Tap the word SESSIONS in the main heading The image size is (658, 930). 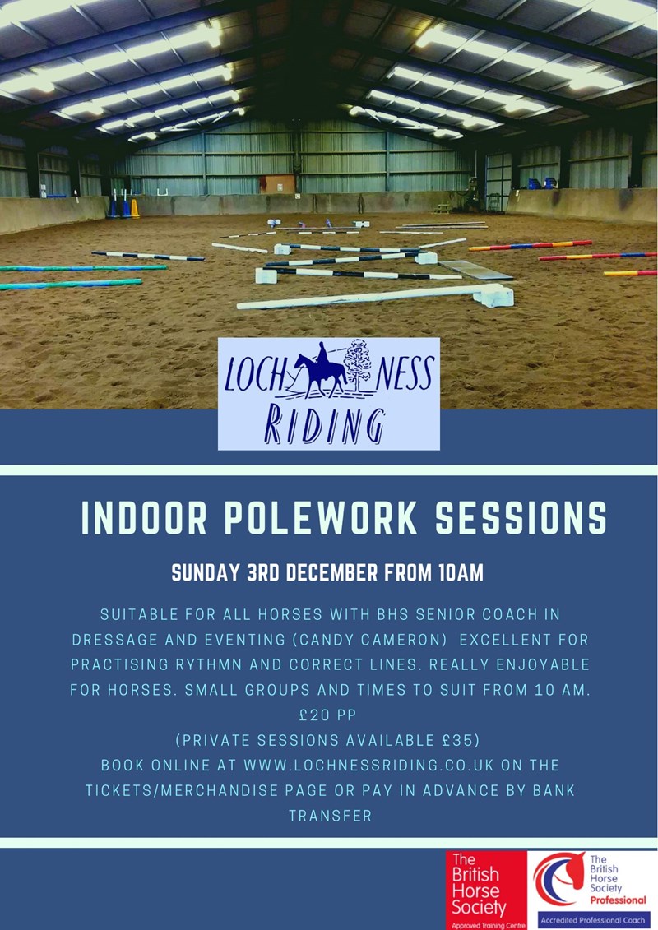click(520, 520)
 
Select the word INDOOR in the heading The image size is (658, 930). click(145, 520)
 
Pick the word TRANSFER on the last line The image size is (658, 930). click(330, 816)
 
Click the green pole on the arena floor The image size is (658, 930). click(70, 284)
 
